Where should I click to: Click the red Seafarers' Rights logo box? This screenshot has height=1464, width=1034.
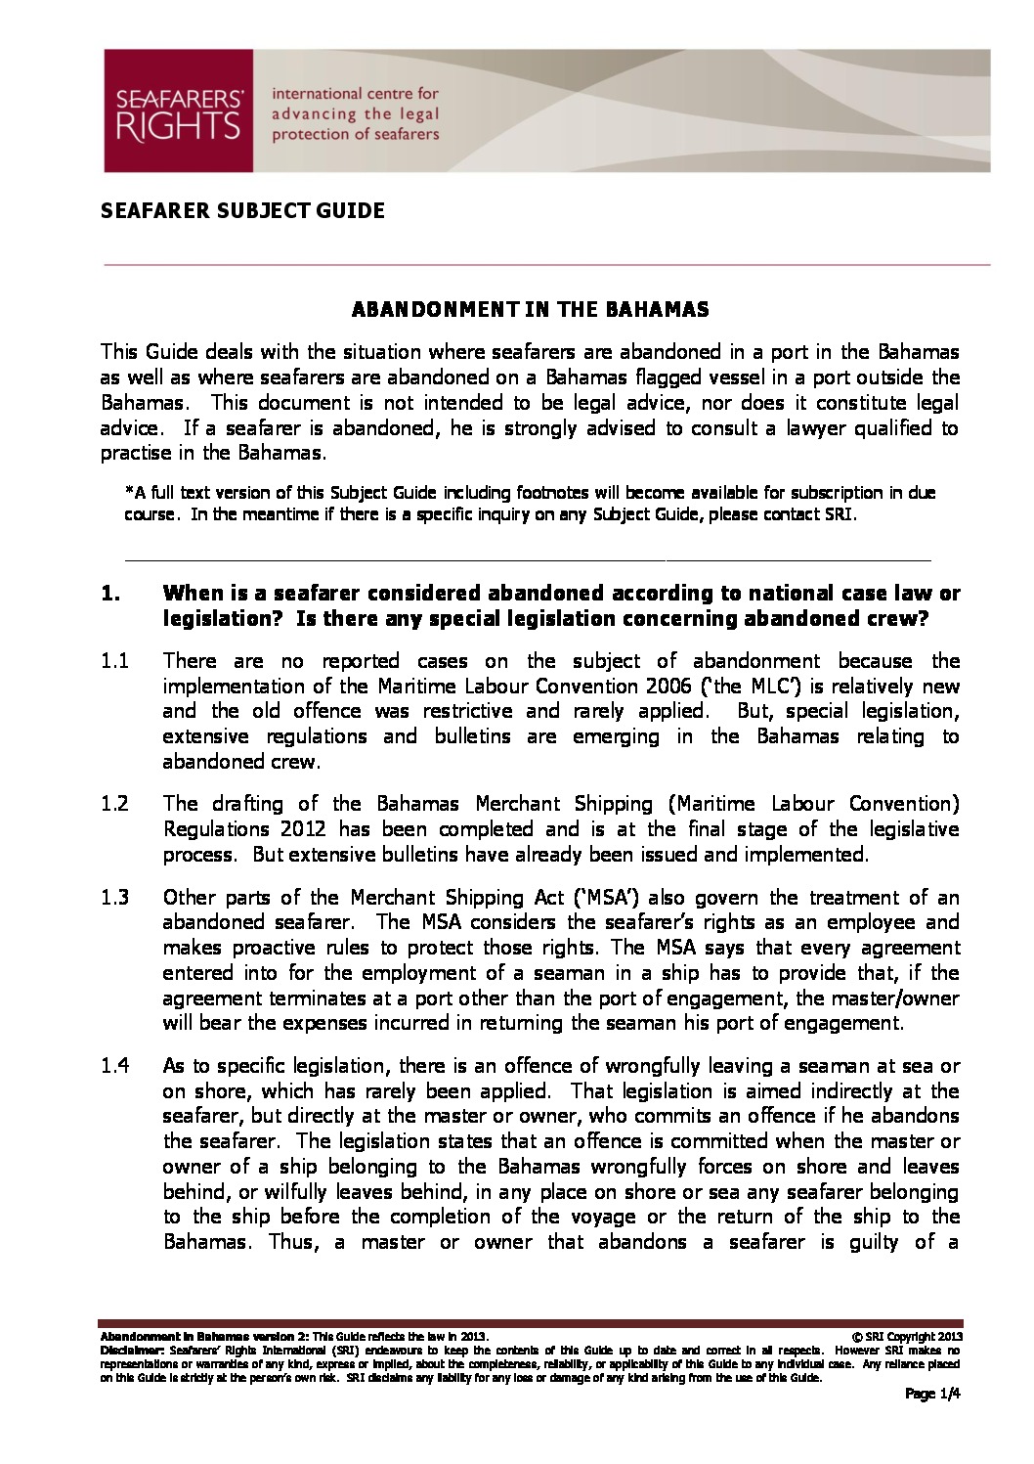point(178,111)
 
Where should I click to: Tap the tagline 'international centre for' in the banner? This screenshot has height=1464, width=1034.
point(355,94)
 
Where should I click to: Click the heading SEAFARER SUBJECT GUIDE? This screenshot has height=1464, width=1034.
point(242,210)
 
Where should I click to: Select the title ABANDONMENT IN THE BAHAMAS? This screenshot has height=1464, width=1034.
point(530,310)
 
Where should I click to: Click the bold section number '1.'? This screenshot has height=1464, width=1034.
point(111,594)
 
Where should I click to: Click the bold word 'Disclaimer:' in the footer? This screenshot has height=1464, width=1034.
point(127,1349)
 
